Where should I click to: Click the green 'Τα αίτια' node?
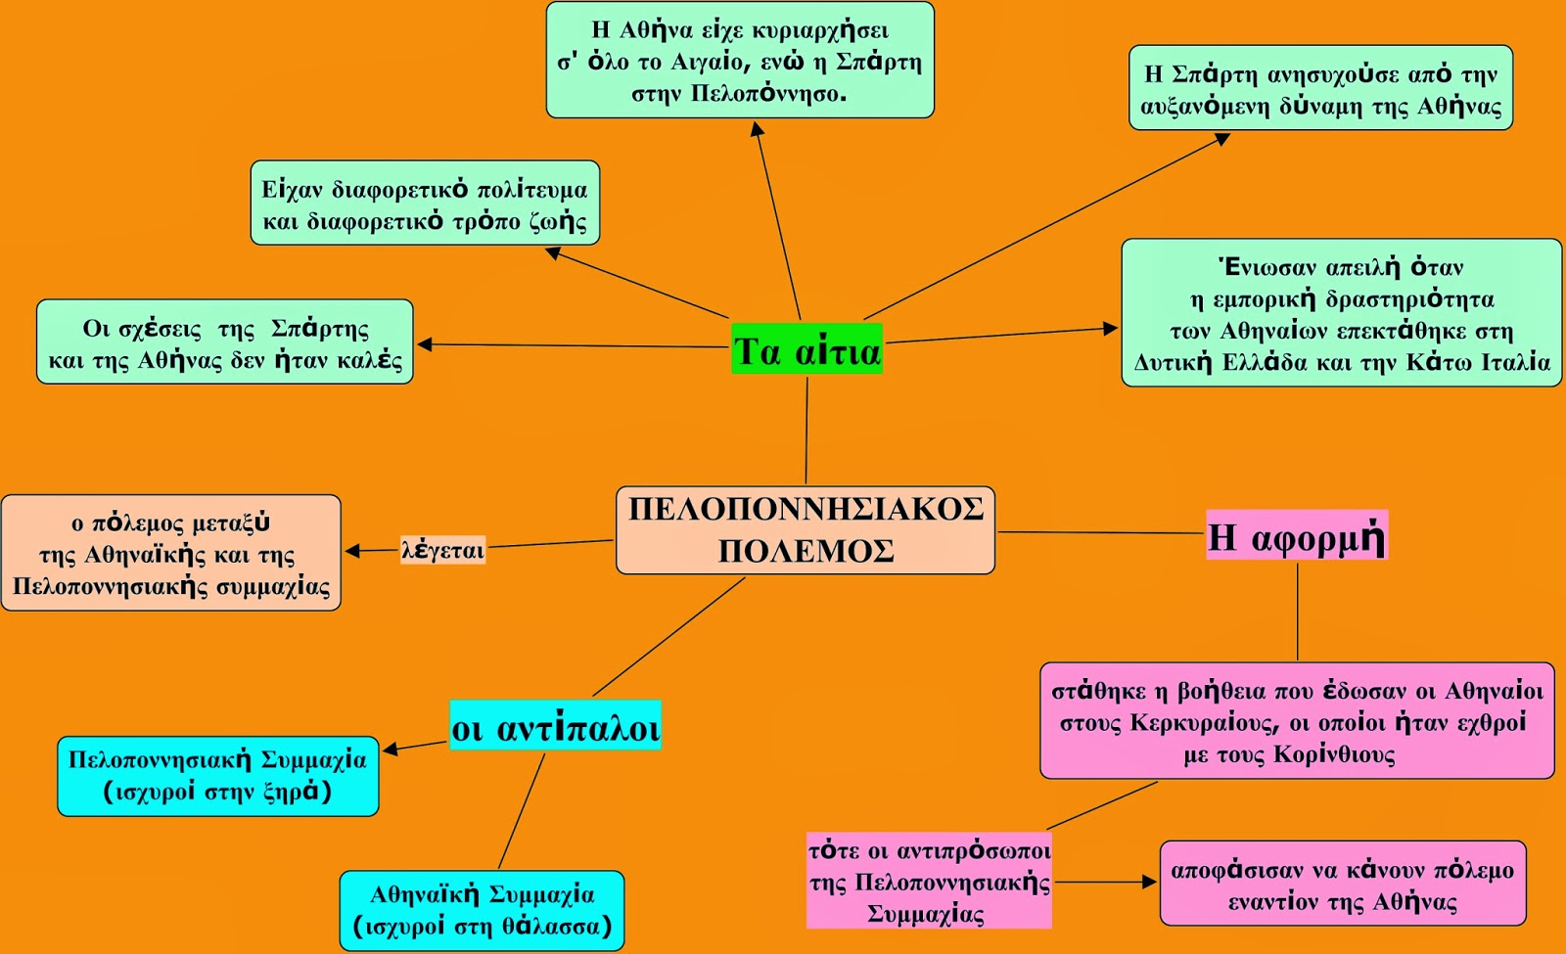806,348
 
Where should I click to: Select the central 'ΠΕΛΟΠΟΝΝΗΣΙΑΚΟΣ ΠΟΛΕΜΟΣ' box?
806,530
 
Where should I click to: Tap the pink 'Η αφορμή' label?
1297,535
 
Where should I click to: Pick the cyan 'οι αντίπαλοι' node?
555,725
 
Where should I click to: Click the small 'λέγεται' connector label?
442,549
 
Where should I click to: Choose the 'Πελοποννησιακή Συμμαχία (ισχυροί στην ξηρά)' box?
218,776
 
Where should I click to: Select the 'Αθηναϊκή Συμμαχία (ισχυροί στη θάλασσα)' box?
482,911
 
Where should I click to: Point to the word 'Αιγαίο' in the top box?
707,63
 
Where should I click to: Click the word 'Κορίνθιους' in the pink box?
1334,754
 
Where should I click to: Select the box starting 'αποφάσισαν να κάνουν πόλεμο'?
1342,884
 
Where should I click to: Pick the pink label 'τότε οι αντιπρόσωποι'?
929,851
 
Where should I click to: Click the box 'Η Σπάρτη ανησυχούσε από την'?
1320,87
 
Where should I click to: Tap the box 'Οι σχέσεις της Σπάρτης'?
225,341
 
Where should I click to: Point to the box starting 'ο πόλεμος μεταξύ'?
171,553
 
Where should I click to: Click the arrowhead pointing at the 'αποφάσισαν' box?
1149,882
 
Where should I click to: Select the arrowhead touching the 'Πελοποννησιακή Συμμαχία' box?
391,750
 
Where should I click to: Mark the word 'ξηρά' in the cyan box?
291,792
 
